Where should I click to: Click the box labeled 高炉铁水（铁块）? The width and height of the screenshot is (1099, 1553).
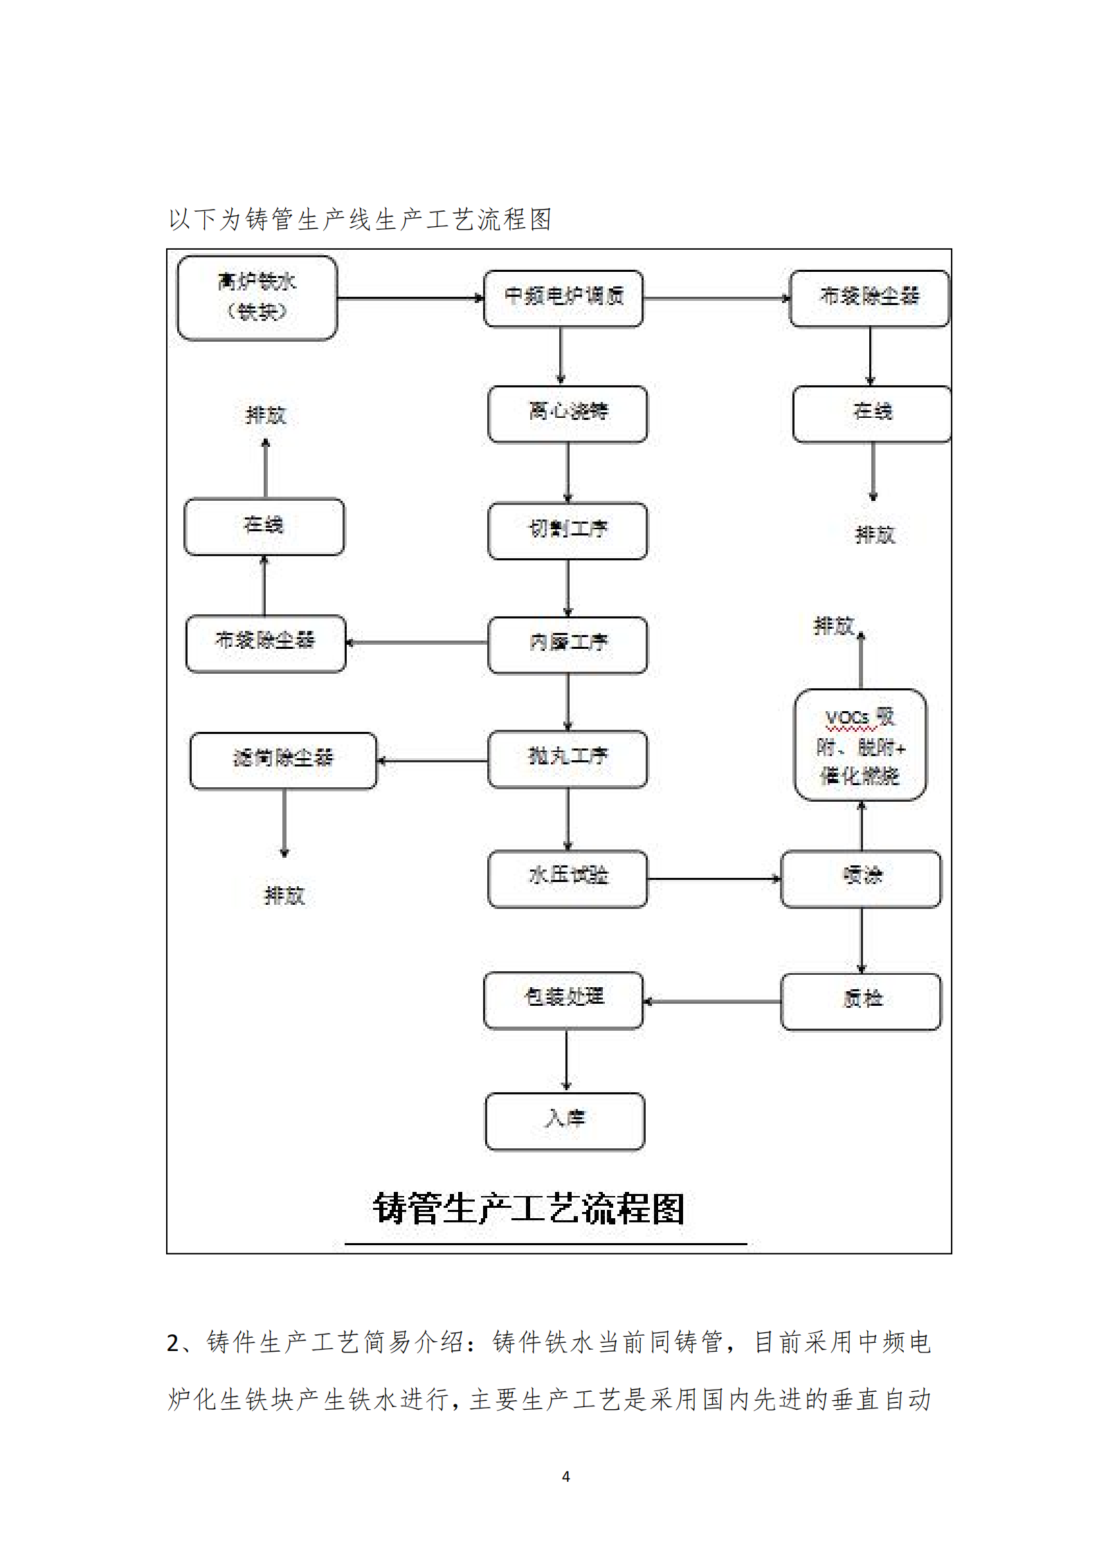[257, 298]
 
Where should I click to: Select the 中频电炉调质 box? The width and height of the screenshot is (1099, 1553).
[563, 298]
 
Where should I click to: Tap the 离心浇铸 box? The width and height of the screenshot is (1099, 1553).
[567, 414]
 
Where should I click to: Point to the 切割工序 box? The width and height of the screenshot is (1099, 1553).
[567, 531]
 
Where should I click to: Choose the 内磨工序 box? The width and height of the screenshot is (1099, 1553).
[567, 645]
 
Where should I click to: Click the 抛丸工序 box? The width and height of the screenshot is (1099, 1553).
[567, 759]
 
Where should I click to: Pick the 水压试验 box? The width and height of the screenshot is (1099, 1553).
[567, 879]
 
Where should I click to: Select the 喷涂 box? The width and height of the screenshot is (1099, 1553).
[861, 879]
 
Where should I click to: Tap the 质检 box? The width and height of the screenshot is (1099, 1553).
[861, 1001]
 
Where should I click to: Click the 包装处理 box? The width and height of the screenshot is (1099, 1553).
[563, 1000]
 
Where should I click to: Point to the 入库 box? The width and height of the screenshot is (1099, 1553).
[565, 1121]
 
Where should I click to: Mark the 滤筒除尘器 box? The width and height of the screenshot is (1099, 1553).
[283, 760]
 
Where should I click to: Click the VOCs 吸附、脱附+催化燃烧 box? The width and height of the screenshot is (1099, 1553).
[860, 744]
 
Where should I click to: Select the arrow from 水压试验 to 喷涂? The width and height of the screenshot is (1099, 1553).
[714, 879]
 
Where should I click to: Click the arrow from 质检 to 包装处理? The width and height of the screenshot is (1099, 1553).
[712, 1001]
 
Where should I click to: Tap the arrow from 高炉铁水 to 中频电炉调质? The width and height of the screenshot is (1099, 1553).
[410, 298]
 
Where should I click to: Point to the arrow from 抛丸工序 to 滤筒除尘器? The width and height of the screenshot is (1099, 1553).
[433, 761]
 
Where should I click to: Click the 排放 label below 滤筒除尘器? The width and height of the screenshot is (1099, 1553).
[284, 896]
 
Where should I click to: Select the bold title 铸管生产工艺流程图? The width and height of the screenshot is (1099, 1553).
[529, 1209]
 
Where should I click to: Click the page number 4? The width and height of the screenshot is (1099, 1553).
[565, 1476]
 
